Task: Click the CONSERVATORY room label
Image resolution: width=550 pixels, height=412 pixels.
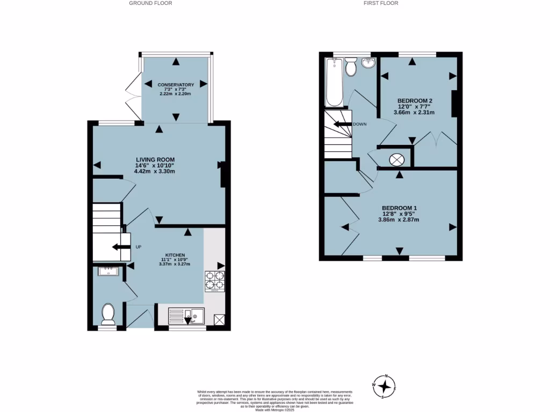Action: tap(176, 85)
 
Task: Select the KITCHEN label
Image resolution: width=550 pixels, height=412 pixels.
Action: tap(175, 255)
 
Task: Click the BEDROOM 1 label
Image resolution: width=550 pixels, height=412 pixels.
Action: tap(399, 208)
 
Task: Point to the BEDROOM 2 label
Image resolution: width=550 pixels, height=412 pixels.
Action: tap(415, 100)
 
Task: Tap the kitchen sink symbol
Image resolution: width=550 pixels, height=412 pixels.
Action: tap(185, 315)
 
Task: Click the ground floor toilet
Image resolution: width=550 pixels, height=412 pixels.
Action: tap(108, 314)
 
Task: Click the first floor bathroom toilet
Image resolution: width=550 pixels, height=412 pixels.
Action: tap(351, 67)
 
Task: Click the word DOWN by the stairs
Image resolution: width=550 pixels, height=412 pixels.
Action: tap(360, 124)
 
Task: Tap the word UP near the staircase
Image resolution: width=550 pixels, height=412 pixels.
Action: tap(138, 247)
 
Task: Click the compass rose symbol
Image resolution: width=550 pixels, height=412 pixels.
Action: tap(385, 386)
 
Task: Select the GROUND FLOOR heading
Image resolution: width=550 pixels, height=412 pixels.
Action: tap(151, 3)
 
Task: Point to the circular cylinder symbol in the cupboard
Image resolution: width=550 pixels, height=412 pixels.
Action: tap(396, 159)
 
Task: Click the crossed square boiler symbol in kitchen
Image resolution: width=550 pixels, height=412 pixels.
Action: tap(219, 320)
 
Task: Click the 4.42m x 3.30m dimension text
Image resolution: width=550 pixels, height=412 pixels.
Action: tap(155, 172)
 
